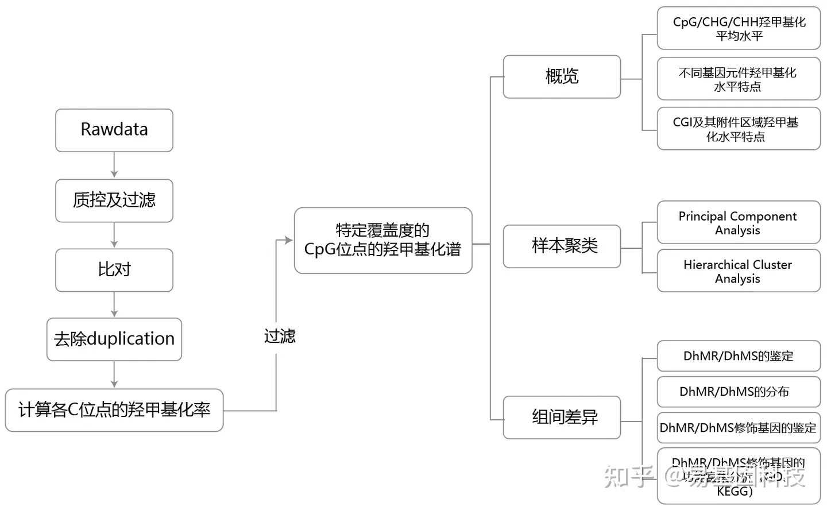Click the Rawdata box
(x=114, y=130)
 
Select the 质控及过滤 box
(x=114, y=200)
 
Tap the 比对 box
(x=114, y=270)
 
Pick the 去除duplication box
(x=114, y=339)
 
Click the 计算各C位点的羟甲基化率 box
(x=114, y=410)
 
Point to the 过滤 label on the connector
(x=280, y=337)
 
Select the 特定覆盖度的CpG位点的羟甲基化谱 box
(x=383, y=240)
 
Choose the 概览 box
(x=562, y=77)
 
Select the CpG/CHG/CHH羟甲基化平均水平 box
(x=739, y=29)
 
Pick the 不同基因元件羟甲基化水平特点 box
(x=739, y=79)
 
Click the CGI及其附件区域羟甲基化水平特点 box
(x=739, y=129)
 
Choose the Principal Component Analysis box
(x=739, y=223)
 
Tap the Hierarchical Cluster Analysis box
(x=739, y=271)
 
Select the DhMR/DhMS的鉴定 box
(x=739, y=356)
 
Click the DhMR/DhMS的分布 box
(x=739, y=392)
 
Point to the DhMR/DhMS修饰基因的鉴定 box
(x=739, y=428)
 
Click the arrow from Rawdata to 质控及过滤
(x=114, y=165)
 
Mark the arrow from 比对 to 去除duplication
(x=114, y=304)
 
